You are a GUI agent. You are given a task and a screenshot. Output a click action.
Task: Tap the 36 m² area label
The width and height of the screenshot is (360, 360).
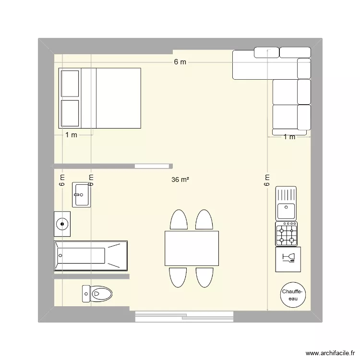click(180, 180)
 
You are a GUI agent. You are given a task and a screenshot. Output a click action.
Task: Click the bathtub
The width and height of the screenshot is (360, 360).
click(91, 255)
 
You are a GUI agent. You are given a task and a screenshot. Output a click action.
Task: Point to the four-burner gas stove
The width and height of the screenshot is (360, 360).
click(287, 234)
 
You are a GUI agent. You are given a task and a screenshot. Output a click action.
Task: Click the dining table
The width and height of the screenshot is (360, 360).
click(192, 249)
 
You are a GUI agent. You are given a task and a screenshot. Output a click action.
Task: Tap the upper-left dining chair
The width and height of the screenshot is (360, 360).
click(179, 220)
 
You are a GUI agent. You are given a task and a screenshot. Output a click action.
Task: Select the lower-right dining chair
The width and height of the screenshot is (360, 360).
click(204, 277)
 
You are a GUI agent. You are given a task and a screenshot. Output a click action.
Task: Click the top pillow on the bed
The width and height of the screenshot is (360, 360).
click(70, 83)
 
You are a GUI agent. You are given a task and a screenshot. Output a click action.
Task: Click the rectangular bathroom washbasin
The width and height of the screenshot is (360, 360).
click(82, 194)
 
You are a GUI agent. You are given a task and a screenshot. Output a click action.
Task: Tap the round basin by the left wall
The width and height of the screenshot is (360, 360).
click(62, 224)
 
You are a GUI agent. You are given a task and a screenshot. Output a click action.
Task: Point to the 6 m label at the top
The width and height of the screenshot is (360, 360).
click(180, 62)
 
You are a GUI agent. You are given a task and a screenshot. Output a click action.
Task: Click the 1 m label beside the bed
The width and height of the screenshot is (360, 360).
click(71, 135)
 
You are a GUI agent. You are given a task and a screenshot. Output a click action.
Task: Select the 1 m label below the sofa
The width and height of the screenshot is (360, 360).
click(289, 137)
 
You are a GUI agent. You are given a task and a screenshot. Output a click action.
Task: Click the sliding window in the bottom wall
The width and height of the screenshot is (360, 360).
click(184, 316)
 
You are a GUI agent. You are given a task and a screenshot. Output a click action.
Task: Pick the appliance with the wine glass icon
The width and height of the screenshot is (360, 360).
click(288, 259)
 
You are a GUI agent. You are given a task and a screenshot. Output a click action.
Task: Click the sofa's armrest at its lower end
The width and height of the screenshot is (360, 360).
click(289, 132)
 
